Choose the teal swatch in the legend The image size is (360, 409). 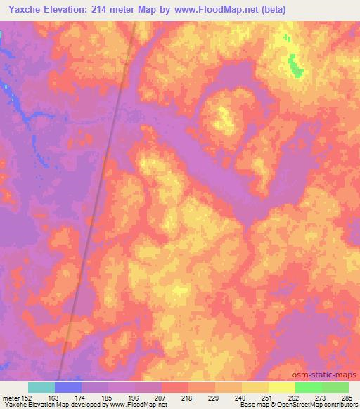pyautogui.click(x=41, y=387)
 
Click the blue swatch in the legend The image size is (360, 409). pyautogui.click(x=68, y=387)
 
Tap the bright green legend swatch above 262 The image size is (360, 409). pyautogui.click(x=309, y=387)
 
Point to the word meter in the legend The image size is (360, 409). pyautogui.click(x=12, y=398)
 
